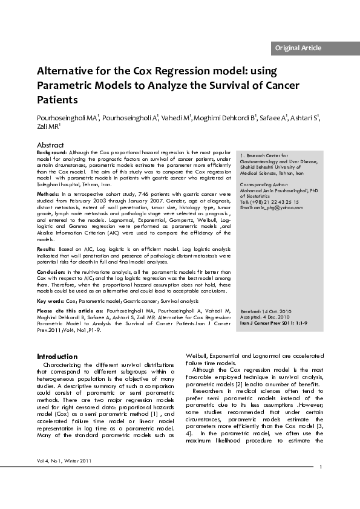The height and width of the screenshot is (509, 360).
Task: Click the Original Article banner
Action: pyautogui.click(x=298, y=48)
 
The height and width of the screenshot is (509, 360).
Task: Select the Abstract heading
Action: pyautogui.click(x=50, y=145)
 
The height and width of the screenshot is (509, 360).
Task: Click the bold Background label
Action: pyautogui.click(x=52, y=153)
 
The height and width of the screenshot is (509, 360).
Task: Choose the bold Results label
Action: pyautogui.click(x=47, y=248)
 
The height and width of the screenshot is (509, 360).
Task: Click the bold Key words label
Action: pyautogui.click(x=50, y=300)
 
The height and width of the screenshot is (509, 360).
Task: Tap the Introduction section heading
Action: pyautogui.click(x=57, y=357)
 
